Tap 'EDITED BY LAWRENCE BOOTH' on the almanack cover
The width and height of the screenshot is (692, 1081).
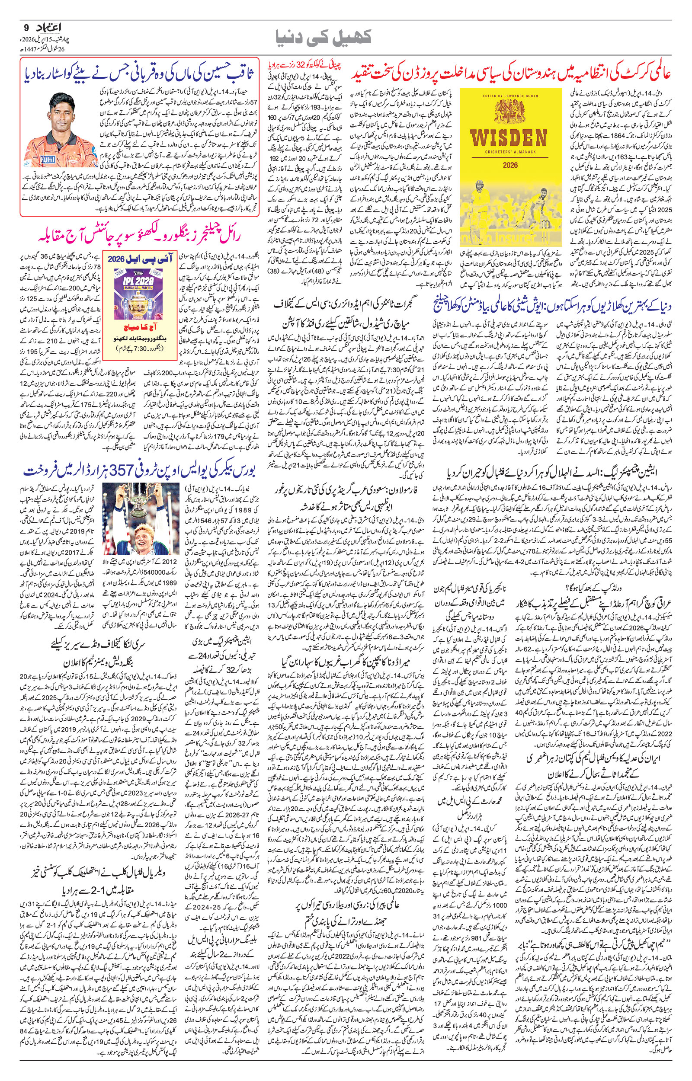click(511, 96)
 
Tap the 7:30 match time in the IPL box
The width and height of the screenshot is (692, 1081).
click(135, 349)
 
